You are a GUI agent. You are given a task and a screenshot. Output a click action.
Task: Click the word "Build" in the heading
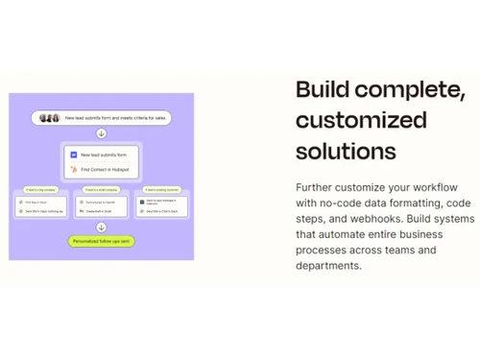[323, 89]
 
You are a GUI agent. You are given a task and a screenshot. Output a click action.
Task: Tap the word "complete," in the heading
[410, 89]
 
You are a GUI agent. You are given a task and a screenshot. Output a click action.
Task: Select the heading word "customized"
[361, 120]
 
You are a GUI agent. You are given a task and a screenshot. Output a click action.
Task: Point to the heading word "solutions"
[346, 151]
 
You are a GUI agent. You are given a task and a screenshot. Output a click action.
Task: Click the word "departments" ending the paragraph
[327, 266]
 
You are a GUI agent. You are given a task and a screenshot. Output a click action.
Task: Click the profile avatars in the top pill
[49, 118]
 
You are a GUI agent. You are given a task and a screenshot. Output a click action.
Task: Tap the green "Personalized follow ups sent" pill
[102, 241]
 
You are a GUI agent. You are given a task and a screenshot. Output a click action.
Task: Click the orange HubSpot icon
[73, 170]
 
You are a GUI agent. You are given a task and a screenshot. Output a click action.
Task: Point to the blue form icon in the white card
[73, 154]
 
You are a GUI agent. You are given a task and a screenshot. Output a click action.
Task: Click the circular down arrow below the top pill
[102, 133]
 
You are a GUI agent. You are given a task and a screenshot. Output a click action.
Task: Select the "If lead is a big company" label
[36, 189]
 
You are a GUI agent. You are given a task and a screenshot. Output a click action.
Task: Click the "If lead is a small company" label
[100, 189]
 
